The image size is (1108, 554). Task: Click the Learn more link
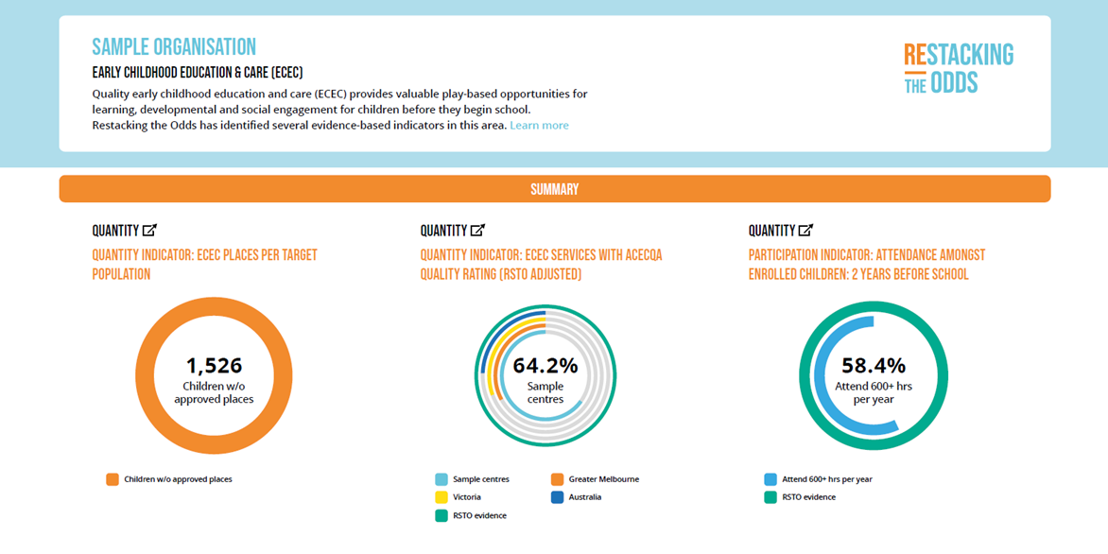click(539, 126)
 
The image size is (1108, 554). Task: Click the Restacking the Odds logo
click(958, 68)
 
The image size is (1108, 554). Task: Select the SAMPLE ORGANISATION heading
click(174, 47)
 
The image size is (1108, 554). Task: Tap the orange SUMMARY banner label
click(554, 189)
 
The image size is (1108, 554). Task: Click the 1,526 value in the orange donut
click(214, 366)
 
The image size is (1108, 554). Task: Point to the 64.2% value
click(545, 366)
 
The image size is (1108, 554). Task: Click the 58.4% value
click(873, 366)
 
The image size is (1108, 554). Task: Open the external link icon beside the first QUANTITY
click(149, 231)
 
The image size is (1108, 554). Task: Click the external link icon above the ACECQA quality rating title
click(477, 231)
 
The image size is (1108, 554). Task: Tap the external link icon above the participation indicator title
click(805, 231)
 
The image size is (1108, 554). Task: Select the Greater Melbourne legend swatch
click(558, 479)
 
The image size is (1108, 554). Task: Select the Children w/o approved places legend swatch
click(113, 479)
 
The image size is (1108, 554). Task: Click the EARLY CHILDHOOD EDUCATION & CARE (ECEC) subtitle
click(197, 73)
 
